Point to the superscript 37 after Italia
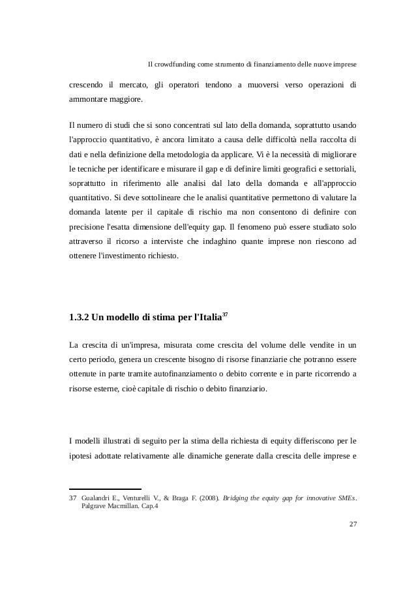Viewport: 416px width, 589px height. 224,315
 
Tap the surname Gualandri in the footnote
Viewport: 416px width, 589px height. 98,498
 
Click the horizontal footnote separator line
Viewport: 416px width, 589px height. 104,489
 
